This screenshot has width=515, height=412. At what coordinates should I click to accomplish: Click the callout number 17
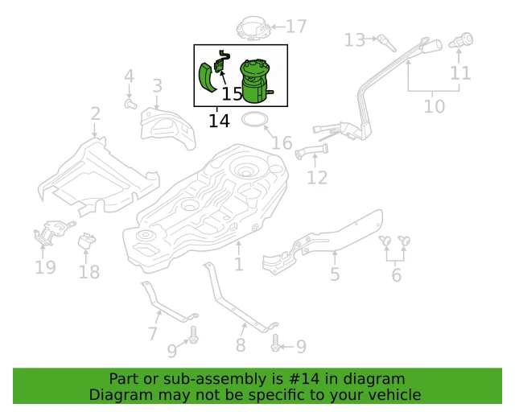(295, 27)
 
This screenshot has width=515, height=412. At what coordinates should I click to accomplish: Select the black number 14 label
(219, 121)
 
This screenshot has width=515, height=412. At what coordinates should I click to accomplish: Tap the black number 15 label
(232, 94)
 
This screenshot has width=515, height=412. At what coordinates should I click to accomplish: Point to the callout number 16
(281, 143)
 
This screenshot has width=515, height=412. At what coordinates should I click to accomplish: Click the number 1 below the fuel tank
(239, 265)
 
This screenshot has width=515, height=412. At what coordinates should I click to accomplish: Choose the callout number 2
(95, 114)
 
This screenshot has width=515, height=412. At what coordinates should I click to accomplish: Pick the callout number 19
(45, 266)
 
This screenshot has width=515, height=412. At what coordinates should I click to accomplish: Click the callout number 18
(89, 271)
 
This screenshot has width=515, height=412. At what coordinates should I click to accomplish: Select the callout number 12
(317, 177)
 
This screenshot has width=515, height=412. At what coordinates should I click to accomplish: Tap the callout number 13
(354, 39)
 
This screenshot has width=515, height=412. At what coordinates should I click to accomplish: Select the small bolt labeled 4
(129, 103)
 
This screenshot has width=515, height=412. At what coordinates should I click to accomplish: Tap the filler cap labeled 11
(463, 39)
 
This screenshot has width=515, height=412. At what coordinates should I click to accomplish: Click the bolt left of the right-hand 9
(276, 345)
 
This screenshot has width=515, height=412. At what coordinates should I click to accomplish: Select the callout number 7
(152, 333)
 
